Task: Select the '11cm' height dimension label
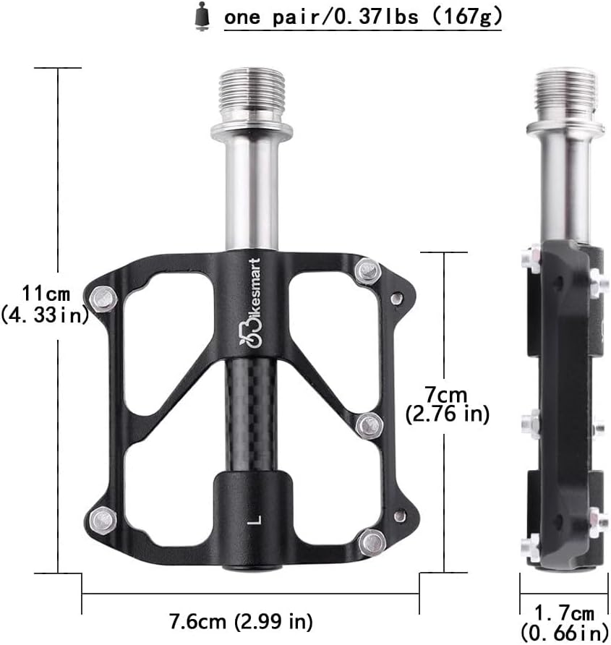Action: click(46, 294)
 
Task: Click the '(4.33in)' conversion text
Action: click(46, 315)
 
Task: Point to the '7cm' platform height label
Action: click(446, 394)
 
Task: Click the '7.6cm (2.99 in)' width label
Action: click(241, 620)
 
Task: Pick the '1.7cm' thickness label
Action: click(564, 613)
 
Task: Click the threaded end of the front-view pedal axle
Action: click(252, 95)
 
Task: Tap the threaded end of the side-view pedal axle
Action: click(565, 95)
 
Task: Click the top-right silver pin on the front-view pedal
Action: click(369, 270)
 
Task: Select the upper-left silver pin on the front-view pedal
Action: click(103, 296)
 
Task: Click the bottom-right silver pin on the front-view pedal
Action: click(372, 539)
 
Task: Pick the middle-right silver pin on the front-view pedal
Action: click(369, 424)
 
